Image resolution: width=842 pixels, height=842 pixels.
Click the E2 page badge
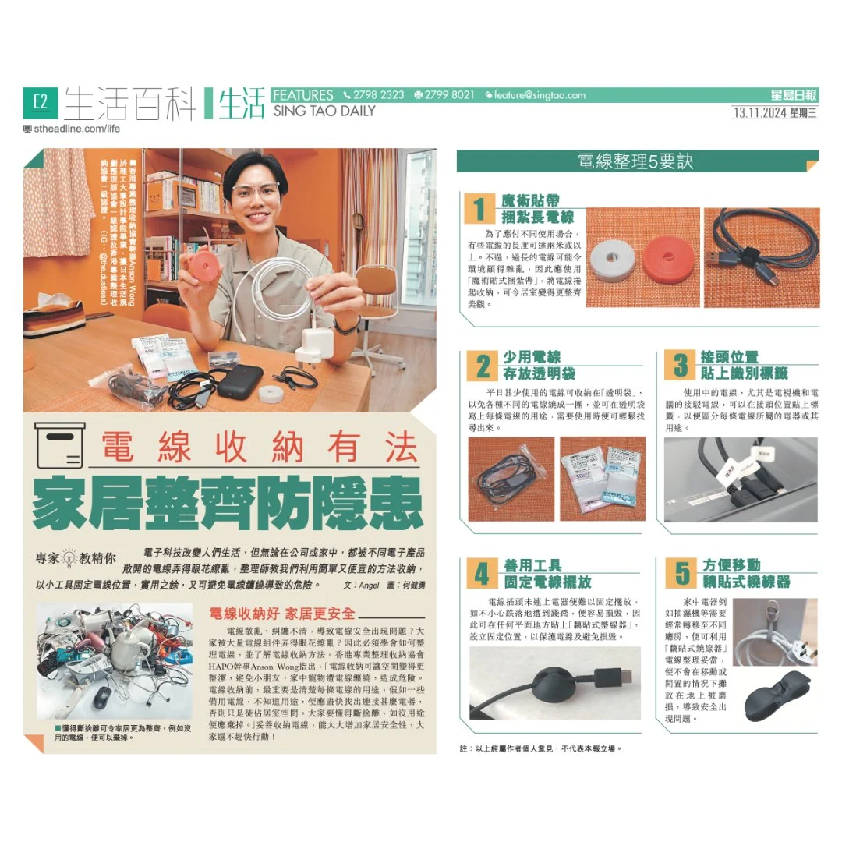point(41,101)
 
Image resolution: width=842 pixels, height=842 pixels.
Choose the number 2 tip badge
point(483,366)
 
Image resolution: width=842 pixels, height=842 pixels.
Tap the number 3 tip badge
point(681,366)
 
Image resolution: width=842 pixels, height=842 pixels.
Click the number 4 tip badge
point(483,573)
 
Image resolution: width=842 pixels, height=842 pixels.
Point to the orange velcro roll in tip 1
point(670,258)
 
